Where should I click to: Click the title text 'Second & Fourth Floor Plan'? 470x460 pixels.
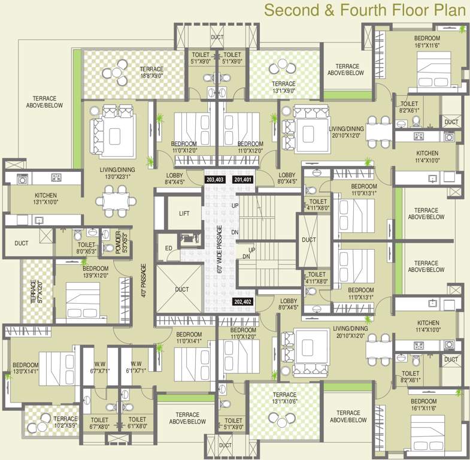[364, 10]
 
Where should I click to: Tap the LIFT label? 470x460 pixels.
[186, 214]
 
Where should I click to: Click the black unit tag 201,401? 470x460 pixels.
[244, 179]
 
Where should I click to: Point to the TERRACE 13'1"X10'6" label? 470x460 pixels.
[285, 398]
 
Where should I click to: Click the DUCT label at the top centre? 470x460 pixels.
[216, 37]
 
